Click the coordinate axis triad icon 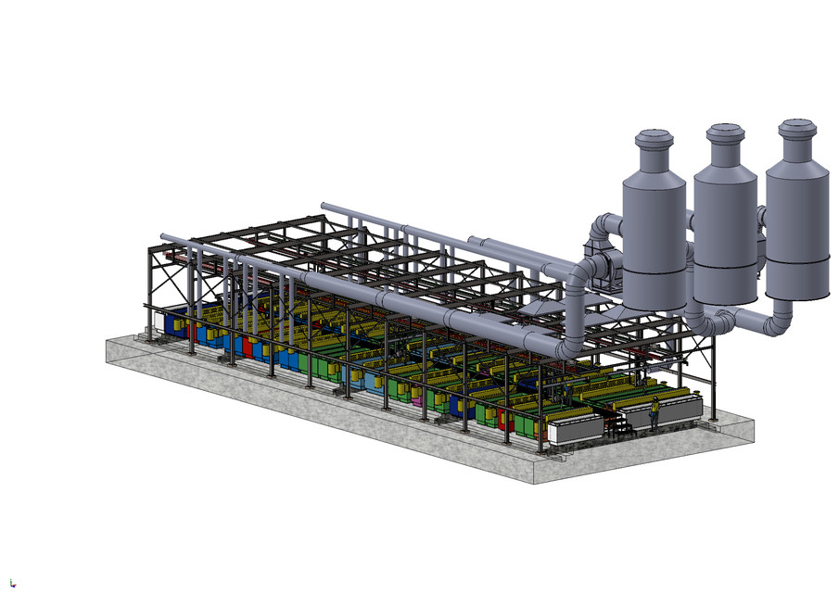(x=11, y=582)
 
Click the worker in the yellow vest (x=654, y=411)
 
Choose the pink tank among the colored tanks (x=417, y=399)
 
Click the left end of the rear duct (x=324, y=206)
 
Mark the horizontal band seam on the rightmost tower (x=796, y=262)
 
